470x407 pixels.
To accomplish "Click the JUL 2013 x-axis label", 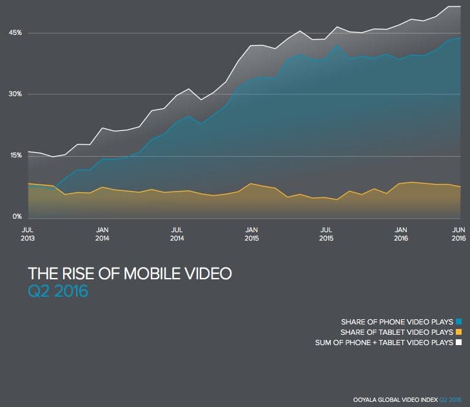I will tap(28, 233).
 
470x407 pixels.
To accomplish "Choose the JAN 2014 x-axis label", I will tap(102, 233).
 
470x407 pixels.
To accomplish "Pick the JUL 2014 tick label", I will tap(177, 233).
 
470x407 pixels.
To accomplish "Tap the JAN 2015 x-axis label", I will tap(252, 233).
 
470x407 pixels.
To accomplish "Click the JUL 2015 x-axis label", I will tap(327, 233).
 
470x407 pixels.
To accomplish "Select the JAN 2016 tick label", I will tap(401, 233).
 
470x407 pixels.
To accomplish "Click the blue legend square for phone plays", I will tap(458, 321).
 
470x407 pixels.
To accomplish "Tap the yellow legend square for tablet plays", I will tap(458, 332).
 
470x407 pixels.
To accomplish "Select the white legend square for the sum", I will tap(458, 342).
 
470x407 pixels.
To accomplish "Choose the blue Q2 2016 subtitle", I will tap(58, 292).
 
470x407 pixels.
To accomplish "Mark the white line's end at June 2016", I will tap(460, 6).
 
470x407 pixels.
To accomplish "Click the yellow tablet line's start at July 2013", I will tap(28, 184).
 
